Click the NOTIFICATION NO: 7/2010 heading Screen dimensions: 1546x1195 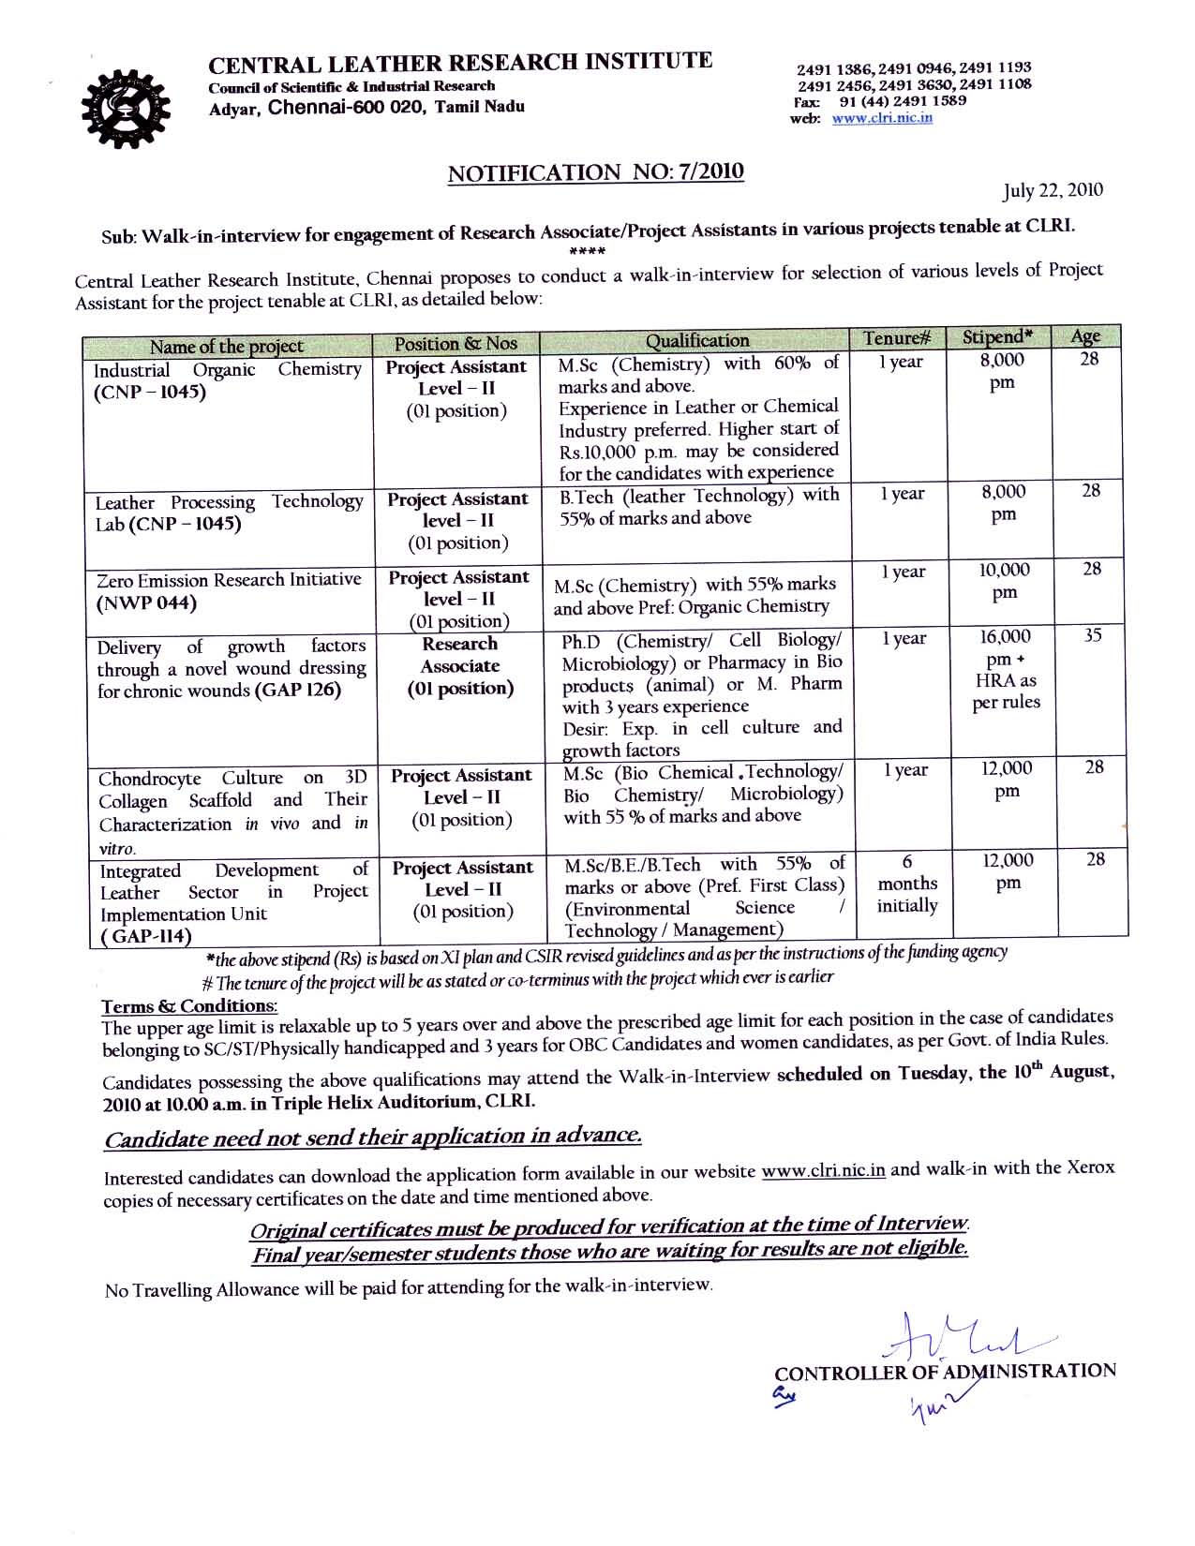coord(596,173)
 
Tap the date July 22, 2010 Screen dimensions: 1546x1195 coord(1053,191)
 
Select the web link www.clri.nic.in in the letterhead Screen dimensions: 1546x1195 coord(882,119)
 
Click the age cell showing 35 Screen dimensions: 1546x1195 coord(1092,636)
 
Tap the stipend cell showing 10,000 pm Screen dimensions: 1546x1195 coord(1005,582)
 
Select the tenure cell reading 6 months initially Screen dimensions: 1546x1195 coord(906,884)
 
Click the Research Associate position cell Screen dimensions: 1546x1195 coord(460,666)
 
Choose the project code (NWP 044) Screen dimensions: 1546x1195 coord(146,602)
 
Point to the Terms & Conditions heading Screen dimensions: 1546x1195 coord(189,1006)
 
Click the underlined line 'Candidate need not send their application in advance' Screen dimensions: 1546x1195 coord(373,1138)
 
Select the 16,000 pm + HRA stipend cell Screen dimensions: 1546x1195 coord(1006,670)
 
